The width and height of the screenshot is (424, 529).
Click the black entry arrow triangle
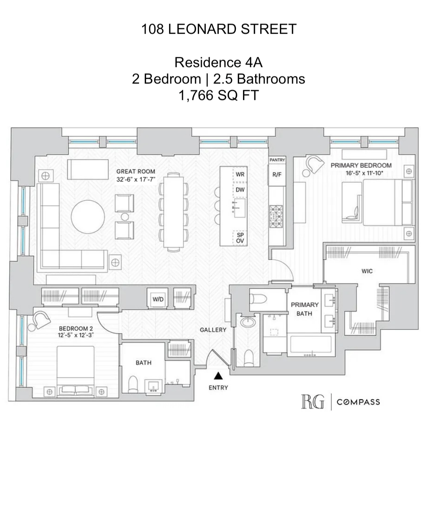[x=218, y=376]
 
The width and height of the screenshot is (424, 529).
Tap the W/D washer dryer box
[x=158, y=299]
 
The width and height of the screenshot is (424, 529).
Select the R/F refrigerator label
[x=277, y=174]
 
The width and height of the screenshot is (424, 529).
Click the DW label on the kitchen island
[x=240, y=190]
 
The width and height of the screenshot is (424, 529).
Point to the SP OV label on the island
[x=240, y=238]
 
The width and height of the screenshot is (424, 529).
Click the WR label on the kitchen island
[x=240, y=174]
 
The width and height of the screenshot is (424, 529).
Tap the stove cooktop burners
[x=276, y=216]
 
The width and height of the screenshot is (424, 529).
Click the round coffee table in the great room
[x=88, y=217]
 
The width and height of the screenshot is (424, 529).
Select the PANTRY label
[x=277, y=160]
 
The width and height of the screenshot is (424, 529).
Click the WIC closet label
[x=367, y=271]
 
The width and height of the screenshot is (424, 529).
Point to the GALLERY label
[x=213, y=330]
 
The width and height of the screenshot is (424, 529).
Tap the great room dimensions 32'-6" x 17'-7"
[x=136, y=179]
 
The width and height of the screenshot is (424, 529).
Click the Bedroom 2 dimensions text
[x=76, y=335]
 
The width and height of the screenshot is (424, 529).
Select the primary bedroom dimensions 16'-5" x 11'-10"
[x=364, y=173]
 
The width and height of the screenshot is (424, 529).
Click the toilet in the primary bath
[x=258, y=299]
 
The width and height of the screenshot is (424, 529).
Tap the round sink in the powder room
[x=248, y=321]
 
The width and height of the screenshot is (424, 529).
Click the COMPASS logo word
[x=358, y=402]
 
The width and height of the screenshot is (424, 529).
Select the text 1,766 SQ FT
[x=219, y=95]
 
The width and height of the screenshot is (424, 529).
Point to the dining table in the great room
[x=174, y=212]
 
